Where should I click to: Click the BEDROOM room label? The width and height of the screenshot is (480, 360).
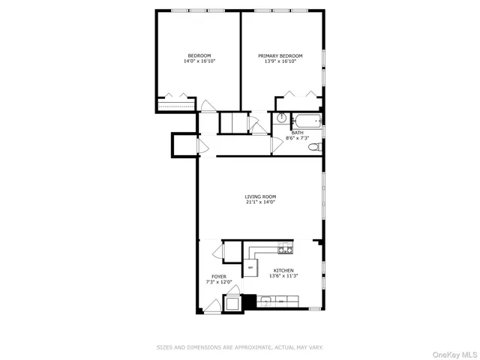click(x=199, y=55)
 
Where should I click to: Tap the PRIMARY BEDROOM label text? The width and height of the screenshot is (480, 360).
click(x=280, y=55)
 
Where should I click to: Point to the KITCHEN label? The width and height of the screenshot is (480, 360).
click(x=283, y=270)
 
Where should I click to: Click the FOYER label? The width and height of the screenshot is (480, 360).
click(x=219, y=277)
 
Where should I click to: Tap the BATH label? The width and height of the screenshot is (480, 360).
click(x=298, y=133)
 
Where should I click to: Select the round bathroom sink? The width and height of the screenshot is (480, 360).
click(x=280, y=118)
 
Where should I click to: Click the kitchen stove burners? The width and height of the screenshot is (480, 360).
click(x=284, y=249)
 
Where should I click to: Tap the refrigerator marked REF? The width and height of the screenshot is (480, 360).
click(x=250, y=267)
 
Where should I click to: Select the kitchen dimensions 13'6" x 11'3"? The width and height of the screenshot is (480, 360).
click(x=283, y=276)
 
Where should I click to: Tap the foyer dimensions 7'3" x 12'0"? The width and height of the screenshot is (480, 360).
click(x=219, y=283)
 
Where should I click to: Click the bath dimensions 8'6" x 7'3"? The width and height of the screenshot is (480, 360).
click(x=298, y=138)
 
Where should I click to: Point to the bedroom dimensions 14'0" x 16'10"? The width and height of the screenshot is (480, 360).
click(x=199, y=61)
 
